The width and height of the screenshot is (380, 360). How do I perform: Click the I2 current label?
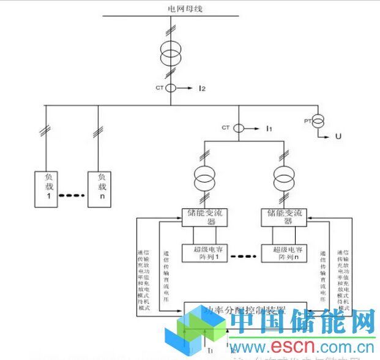point(201,89)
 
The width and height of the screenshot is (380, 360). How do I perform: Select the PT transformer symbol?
point(318,121)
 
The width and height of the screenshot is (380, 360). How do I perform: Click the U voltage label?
point(339,135)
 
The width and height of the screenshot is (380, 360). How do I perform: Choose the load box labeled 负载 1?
point(46,188)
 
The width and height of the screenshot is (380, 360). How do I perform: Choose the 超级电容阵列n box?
point(283,252)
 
